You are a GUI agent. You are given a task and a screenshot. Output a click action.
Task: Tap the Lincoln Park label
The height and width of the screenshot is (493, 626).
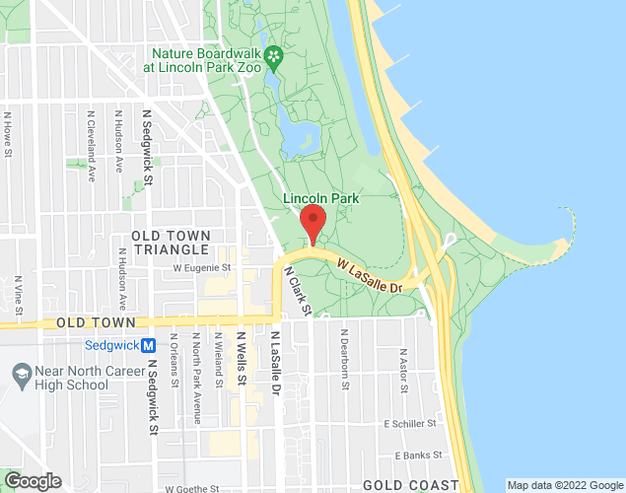click(x=321, y=198)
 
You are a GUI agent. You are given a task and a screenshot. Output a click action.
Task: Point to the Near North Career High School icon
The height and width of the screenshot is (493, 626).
click(x=20, y=375)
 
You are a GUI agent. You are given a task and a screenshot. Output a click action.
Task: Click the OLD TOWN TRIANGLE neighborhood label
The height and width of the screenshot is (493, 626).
click(x=172, y=243)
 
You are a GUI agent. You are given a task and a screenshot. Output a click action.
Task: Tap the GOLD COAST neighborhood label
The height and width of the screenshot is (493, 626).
click(x=410, y=484)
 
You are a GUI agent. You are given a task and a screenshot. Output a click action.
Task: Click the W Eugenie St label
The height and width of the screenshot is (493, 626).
click(x=201, y=266)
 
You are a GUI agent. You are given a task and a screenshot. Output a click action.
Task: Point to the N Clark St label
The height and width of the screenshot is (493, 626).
click(x=297, y=290)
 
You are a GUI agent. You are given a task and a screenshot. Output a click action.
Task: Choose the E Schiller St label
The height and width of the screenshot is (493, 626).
click(x=409, y=423)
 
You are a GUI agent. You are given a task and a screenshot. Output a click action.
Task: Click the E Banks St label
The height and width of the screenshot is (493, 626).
click(x=414, y=456)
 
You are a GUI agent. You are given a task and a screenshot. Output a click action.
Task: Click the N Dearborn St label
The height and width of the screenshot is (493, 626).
click(x=345, y=361)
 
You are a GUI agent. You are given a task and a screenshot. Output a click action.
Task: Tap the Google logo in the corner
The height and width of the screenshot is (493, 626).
click(x=33, y=481)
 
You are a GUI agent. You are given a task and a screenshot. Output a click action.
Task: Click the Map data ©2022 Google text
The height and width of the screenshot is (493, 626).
click(x=564, y=485)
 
